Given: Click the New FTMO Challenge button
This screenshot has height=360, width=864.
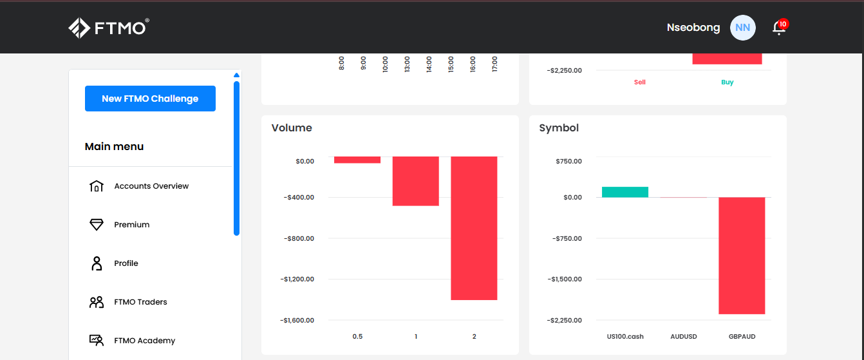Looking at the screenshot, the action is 150,99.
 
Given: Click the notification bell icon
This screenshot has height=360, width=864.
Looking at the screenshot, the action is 779,28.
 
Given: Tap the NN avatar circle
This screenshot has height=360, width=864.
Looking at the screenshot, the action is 742,28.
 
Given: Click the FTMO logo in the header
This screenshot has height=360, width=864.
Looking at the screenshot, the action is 109,28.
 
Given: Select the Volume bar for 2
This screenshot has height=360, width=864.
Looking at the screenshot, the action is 474,228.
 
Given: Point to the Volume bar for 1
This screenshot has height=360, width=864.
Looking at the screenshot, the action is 416,181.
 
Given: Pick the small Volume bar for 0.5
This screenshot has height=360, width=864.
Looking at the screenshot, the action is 357,160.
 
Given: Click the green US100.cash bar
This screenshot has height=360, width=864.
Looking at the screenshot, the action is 625,192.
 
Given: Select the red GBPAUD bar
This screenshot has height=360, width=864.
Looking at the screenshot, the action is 742,256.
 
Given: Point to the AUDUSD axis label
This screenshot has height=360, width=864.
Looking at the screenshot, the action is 684,336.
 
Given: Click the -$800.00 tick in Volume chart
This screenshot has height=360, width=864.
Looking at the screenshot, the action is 299,238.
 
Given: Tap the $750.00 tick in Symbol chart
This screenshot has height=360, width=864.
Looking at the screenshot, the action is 568,161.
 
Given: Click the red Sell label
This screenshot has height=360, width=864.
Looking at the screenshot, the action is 639,82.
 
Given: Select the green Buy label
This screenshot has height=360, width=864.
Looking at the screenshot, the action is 727,82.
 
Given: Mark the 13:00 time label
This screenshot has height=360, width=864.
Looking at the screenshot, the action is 407,64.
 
